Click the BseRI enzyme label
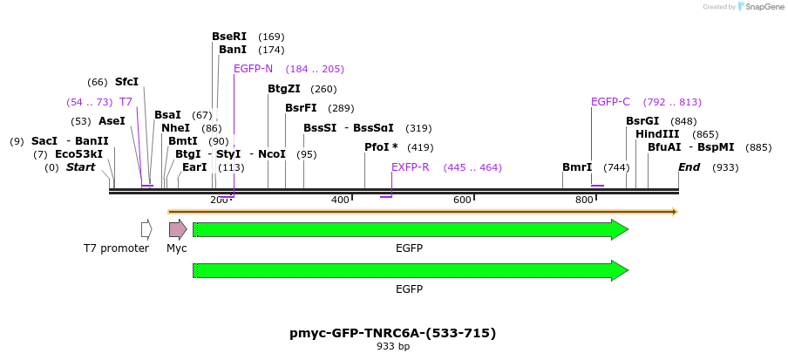click(229, 37)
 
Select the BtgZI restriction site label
click(284, 89)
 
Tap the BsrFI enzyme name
click(301, 108)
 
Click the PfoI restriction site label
click(381, 147)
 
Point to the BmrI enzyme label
click(577, 167)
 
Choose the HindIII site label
click(657, 134)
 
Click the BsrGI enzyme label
click(642, 121)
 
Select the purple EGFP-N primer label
click(253, 69)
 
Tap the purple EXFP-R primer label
click(410, 167)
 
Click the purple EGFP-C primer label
click(610, 102)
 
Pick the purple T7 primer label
click(126, 102)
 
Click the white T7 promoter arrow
click(146, 229)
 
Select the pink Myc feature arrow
click(177, 229)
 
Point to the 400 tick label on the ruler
click(340, 200)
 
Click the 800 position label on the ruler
click(584, 200)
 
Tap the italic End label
click(689, 167)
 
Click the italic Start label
click(80, 167)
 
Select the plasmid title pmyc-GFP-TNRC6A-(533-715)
click(392, 333)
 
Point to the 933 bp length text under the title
click(392, 347)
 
